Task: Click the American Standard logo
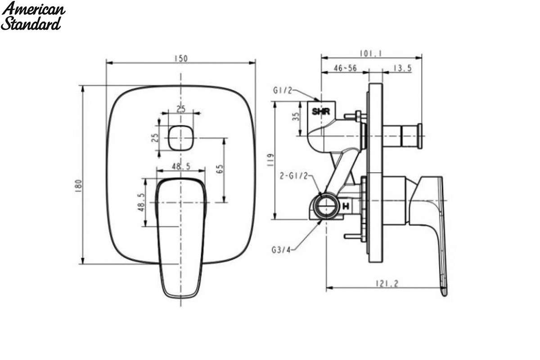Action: point(33,16)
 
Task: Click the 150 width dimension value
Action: point(181,58)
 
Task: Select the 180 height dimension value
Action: point(79,185)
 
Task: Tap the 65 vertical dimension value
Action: point(220,169)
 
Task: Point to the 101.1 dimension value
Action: point(371,53)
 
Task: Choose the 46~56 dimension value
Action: point(345,68)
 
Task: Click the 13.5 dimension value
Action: point(402,68)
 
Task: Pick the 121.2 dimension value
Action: point(387,283)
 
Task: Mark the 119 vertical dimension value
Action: point(270,160)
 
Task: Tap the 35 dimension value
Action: point(296,117)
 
